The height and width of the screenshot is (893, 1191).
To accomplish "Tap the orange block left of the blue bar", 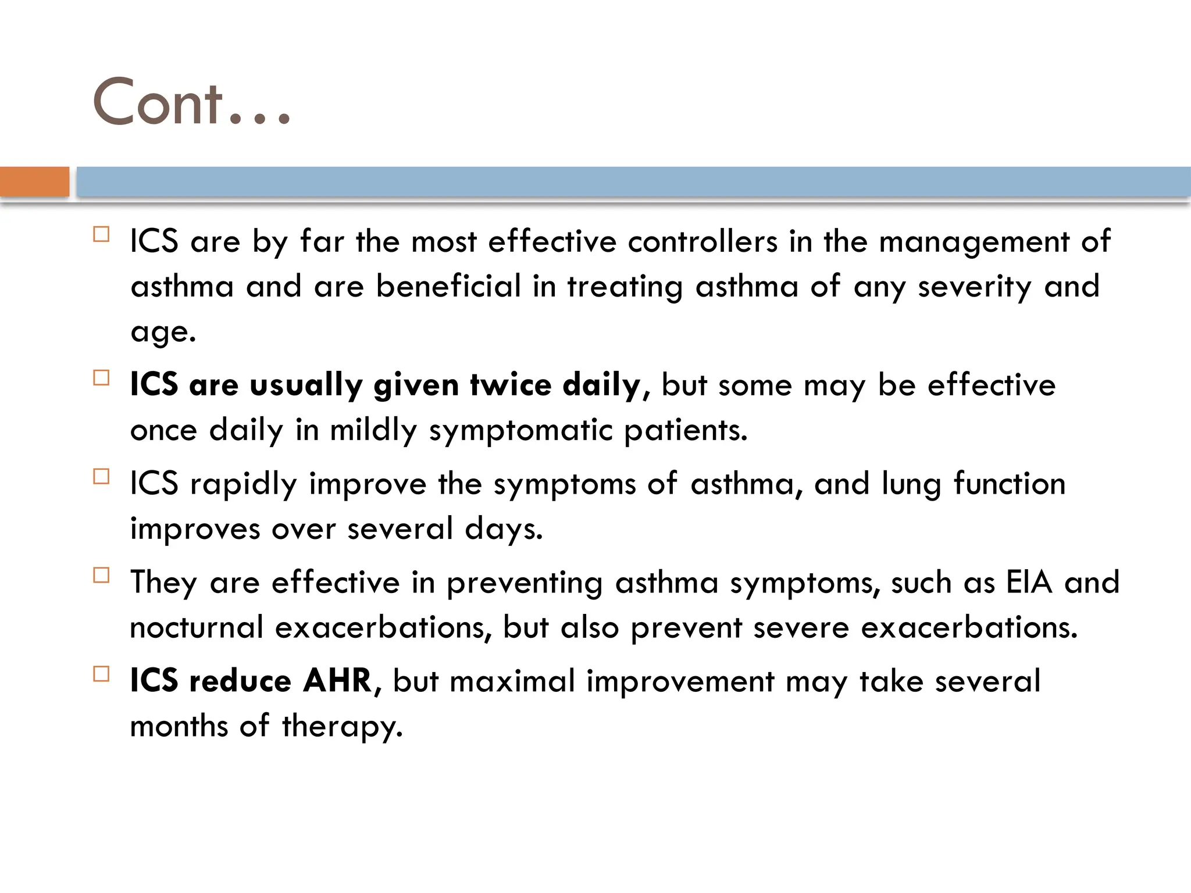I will pos(35,181).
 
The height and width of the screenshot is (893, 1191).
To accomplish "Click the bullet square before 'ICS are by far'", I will pos(101,235).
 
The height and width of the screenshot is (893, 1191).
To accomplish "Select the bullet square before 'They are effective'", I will pos(101,576).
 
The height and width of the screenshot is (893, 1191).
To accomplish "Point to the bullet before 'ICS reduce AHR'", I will pos(101,674).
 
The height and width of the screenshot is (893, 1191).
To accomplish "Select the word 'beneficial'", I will pos(448,286).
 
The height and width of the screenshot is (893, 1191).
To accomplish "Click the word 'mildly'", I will pos(373,431).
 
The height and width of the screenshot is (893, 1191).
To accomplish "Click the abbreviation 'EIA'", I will pos(1029,582).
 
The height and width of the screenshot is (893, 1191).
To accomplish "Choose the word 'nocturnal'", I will pos(197,627).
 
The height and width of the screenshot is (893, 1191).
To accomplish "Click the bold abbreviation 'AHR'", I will pos(337,681).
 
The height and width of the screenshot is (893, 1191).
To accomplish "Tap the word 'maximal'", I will pos(512,681).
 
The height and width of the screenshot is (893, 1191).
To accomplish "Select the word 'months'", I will pos(179,726).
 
